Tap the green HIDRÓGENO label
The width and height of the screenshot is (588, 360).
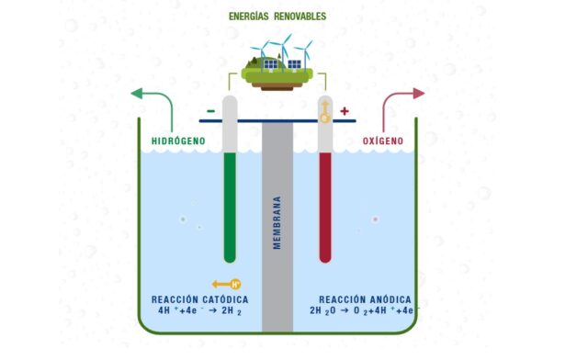[178, 141]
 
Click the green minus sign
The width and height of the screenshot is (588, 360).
[211, 111]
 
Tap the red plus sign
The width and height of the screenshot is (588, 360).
[345, 111]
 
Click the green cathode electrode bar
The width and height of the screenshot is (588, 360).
[230, 207]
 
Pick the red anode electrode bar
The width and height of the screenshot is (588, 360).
[324, 207]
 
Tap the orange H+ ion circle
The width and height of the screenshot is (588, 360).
[235, 284]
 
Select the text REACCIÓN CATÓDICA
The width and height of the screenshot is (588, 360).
[199, 300]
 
